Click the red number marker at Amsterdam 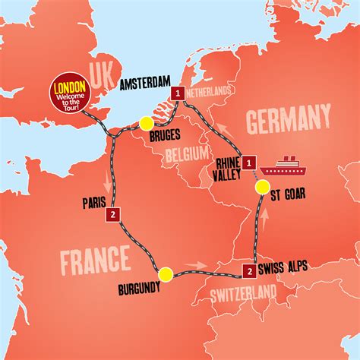coord(178,93)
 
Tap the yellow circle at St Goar coord(262,187)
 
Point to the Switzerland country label coord(244,292)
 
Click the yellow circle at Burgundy coord(166,274)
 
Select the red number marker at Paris coord(112,214)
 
